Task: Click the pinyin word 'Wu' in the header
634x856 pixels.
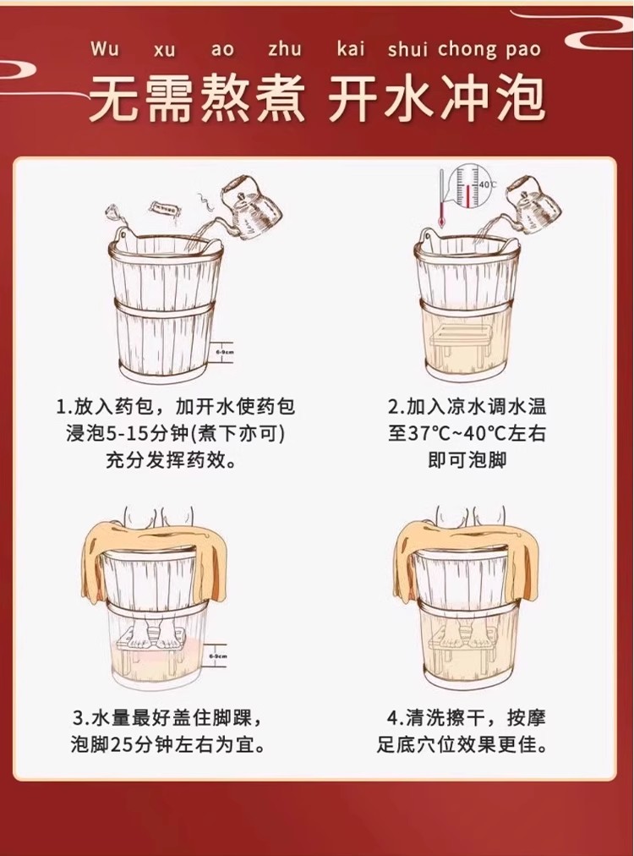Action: coord(105,48)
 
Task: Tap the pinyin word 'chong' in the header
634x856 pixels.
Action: coord(467,49)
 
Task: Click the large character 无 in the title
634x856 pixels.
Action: coord(116,100)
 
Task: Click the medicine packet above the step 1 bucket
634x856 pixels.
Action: coord(166,210)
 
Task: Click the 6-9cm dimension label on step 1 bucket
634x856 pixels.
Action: coord(224,352)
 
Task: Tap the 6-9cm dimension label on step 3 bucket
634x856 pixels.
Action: coord(217,656)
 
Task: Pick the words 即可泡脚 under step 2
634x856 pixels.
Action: coord(467,460)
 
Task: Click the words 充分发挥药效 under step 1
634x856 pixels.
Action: coord(166,460)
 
